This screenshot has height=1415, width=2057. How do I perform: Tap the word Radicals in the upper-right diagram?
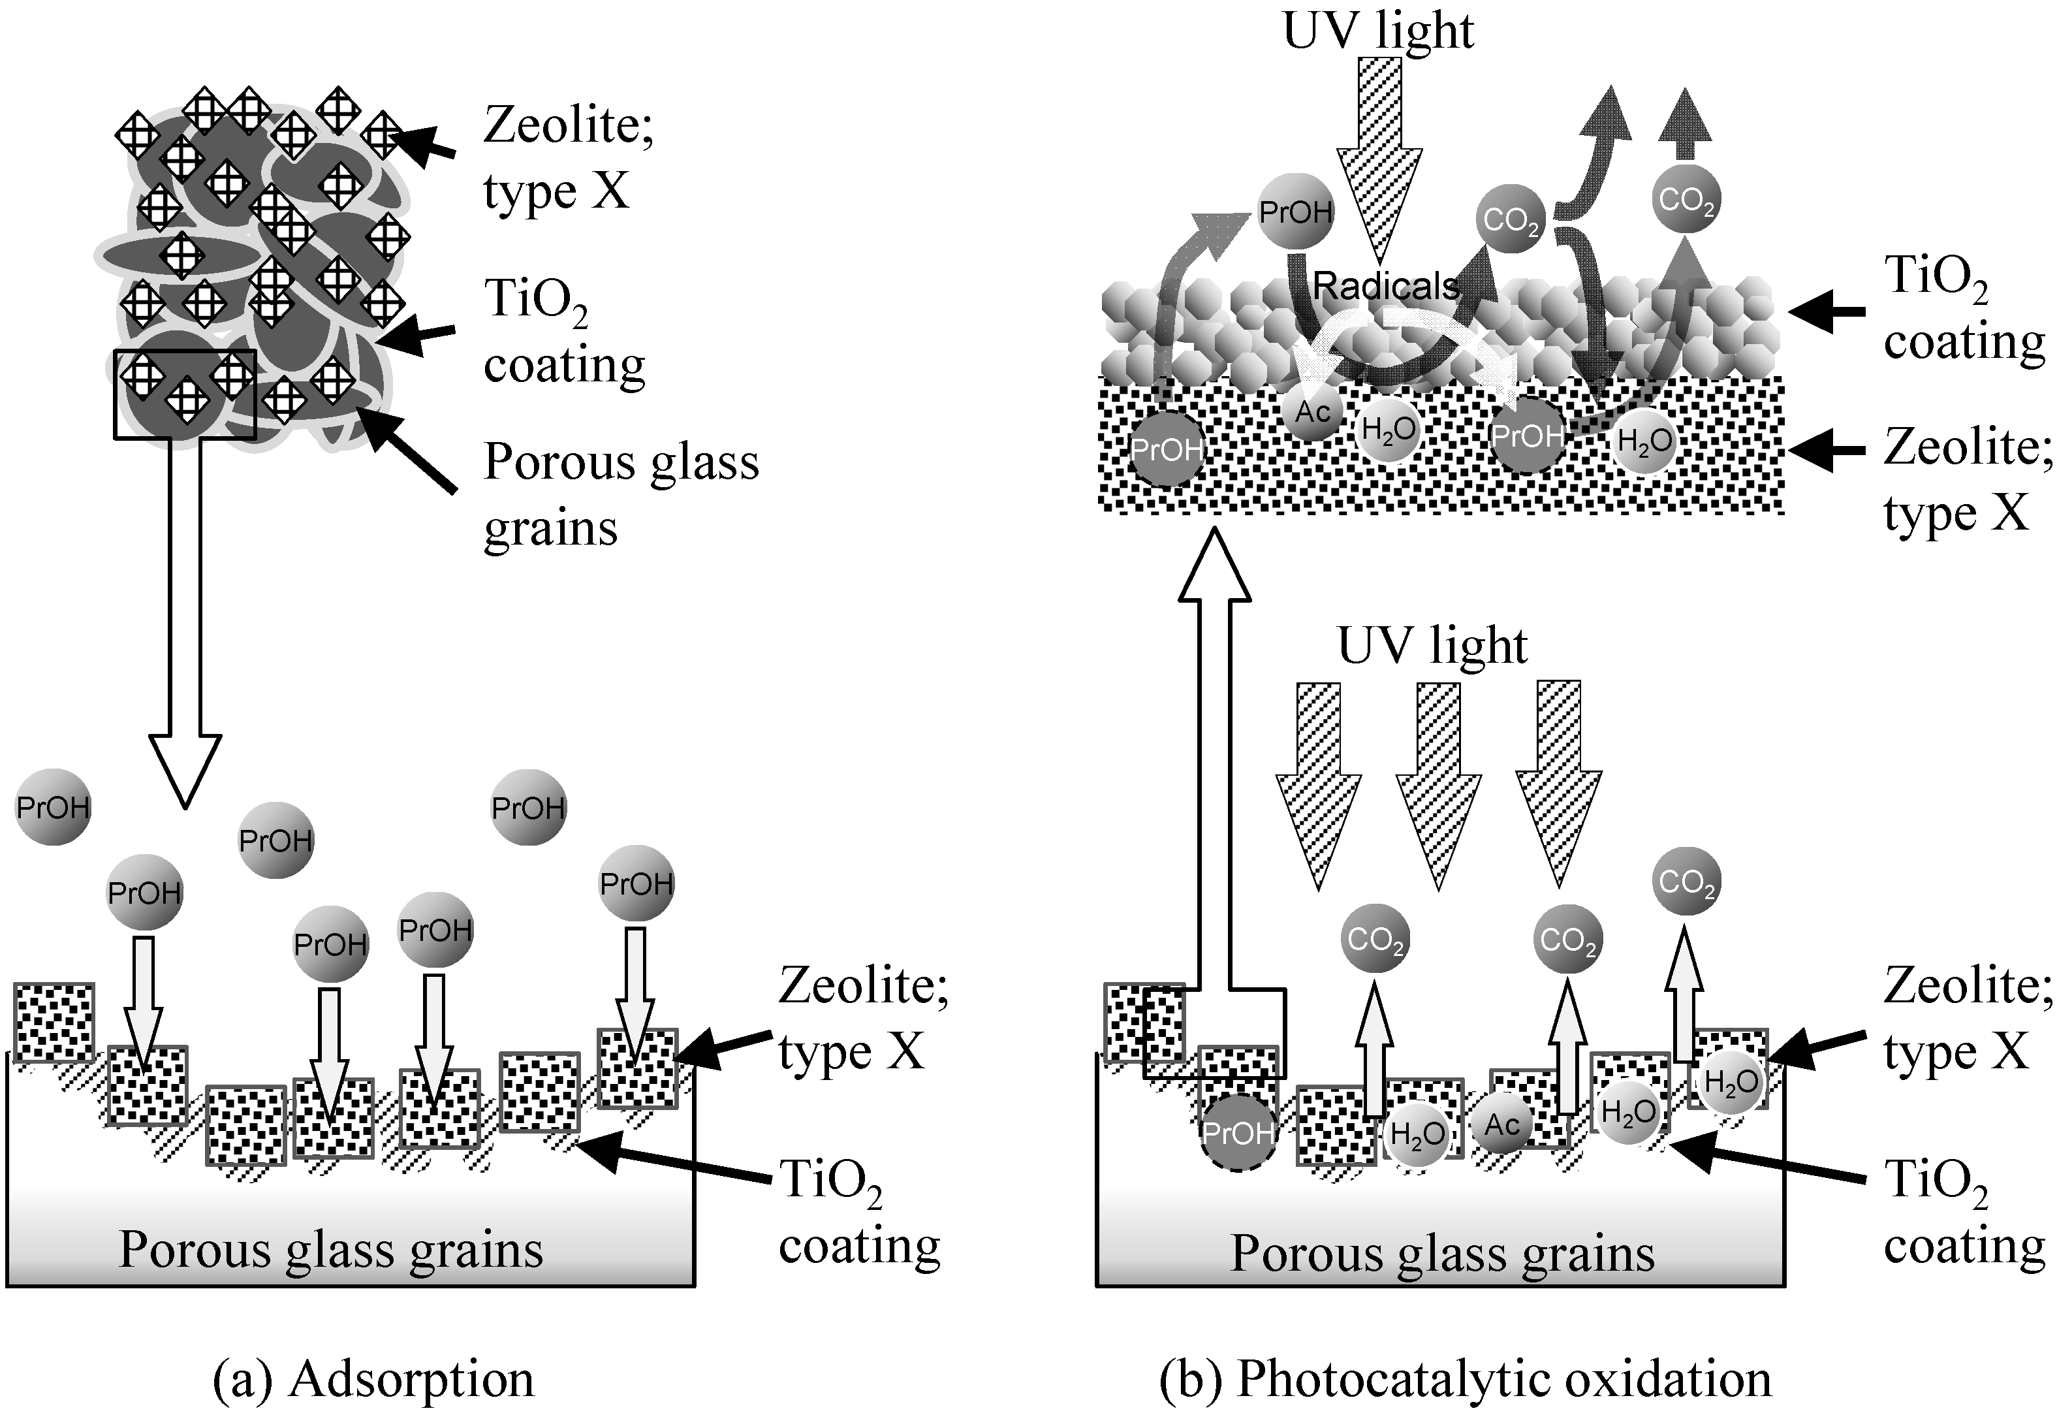[1385, 285]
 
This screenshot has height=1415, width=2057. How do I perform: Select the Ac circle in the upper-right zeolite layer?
[1313, 411]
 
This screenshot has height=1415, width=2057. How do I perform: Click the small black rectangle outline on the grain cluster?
[184, 394]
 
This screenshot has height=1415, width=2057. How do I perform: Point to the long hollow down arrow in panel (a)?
[184, 620]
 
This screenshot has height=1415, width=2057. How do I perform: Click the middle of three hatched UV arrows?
[1437, 780]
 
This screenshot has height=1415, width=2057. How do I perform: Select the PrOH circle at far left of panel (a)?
[53, 807]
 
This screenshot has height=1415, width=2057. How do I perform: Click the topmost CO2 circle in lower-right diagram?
[1687, 882]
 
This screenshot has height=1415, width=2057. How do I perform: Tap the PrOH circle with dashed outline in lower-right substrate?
[1237, 1133]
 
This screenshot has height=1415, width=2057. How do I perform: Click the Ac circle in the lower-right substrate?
[1502, 1125]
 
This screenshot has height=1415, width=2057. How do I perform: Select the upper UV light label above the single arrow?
[1378, 31]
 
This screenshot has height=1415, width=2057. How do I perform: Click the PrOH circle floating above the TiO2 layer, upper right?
[1296, 212]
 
